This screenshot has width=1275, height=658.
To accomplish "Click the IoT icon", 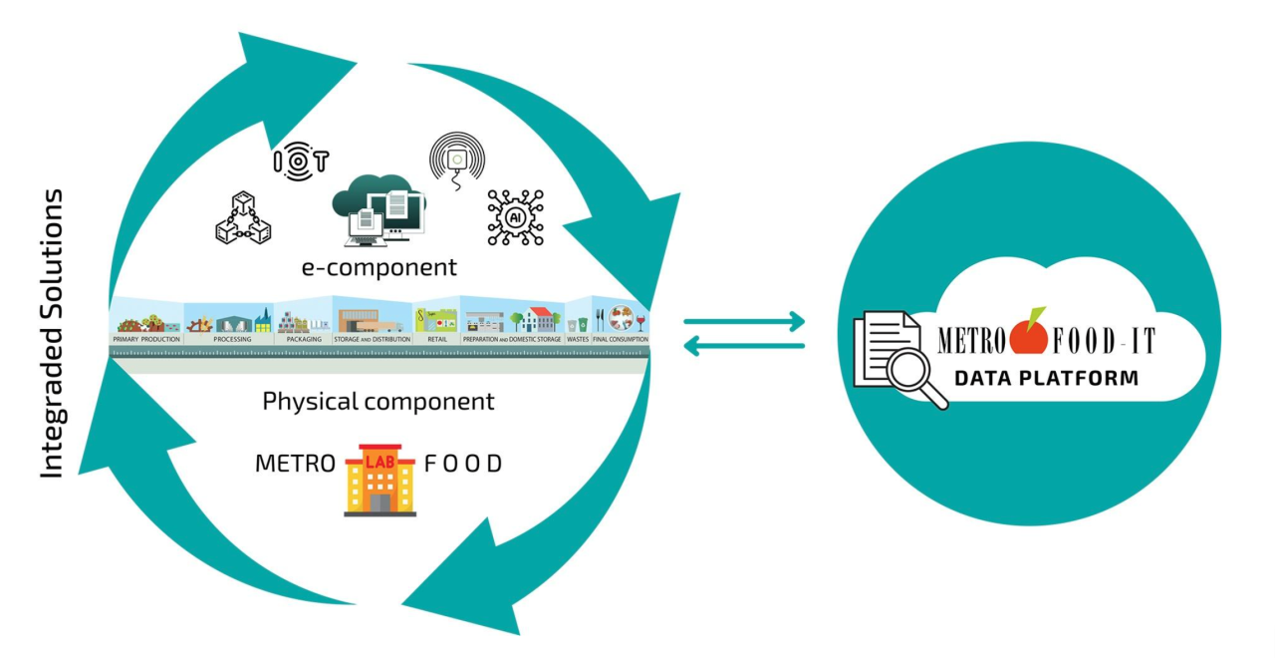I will point(300,160).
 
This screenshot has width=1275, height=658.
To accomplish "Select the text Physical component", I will point(378,402).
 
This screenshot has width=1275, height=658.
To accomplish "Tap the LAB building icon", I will point(380,480).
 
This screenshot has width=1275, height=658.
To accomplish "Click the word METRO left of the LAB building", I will point(294,465).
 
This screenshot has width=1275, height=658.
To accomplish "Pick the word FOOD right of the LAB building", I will point(463,465).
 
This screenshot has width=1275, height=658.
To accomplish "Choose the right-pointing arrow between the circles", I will point(744,321).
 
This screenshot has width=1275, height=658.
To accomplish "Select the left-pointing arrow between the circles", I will point(744,345).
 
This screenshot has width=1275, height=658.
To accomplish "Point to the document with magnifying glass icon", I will point(899,359).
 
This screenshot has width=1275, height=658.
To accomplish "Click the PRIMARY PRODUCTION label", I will point(147,340).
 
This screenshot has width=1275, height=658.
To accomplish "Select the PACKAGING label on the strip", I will point(303,340).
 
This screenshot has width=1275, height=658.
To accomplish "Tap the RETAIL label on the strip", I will point(435,340).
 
